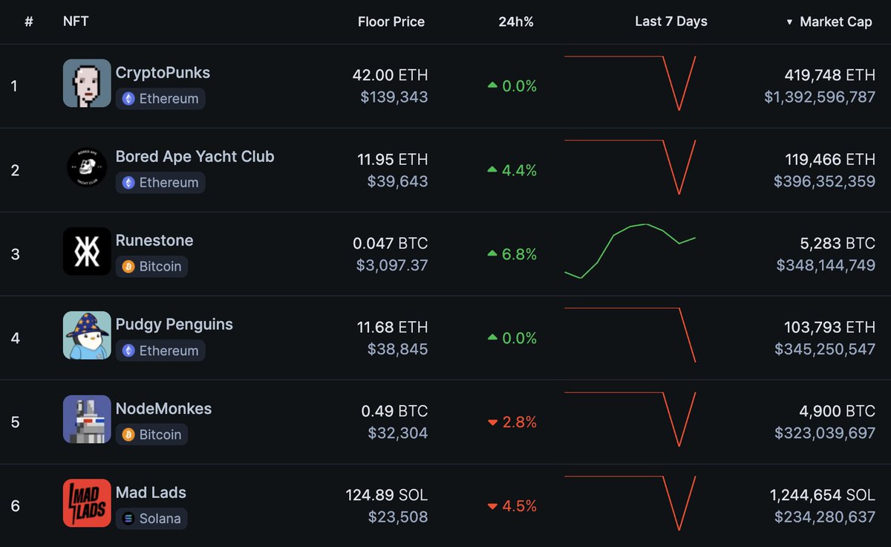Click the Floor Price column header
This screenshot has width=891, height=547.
coord(391,22)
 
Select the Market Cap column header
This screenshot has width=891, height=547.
coord(835,22)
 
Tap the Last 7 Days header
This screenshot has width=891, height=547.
coord(670,22)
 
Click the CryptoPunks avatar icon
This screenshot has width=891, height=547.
coord(87,83)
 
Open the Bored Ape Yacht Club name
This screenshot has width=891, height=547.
coord(195,157)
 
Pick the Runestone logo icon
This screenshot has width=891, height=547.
coord(87,251)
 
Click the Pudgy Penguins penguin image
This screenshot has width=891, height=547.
coord(87,335)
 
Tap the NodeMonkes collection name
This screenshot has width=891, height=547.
coord(163,409)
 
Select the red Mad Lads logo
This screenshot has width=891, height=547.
coord(87,503)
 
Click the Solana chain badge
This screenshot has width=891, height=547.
coord(151,519)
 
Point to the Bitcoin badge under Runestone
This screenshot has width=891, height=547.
coord(151,267)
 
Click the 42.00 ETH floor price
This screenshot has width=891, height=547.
coord(390,75)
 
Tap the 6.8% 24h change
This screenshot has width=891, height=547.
coord(512,254)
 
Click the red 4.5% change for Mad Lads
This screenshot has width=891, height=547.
coord(512,506)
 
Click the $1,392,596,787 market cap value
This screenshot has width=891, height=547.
coord(820,97)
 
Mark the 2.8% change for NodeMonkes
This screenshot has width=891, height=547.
coord(512,422)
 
